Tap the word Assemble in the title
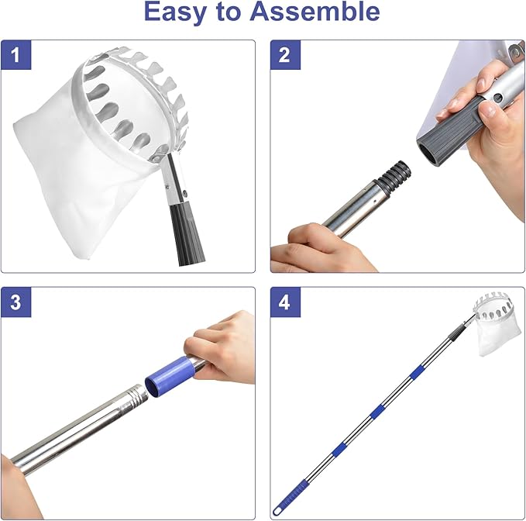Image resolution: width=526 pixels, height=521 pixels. point(315,11)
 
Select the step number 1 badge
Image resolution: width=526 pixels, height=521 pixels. point(15,55)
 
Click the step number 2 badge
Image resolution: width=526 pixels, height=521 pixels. point(285,55)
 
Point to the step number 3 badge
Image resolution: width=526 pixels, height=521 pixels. point(15,302)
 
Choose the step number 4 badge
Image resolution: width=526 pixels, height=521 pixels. point(285,302)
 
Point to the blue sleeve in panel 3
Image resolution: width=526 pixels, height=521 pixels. point(170,377)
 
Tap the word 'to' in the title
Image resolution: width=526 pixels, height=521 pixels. point(228,12)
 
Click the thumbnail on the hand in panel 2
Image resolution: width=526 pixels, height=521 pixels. point(489,109)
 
